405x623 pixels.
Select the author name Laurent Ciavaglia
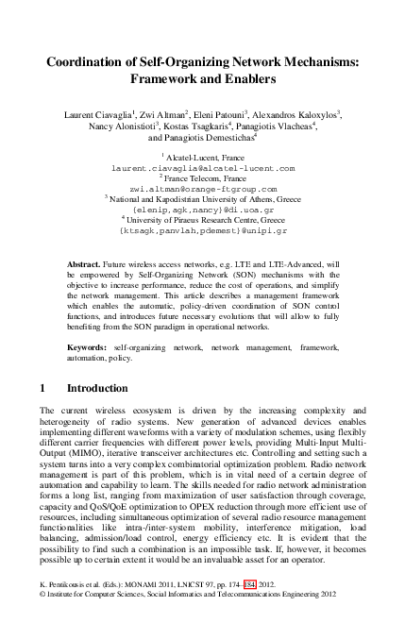tap(97, 114)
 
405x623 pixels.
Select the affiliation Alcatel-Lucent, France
tap(205, 157)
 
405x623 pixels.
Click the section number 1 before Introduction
tap(43, 388)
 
